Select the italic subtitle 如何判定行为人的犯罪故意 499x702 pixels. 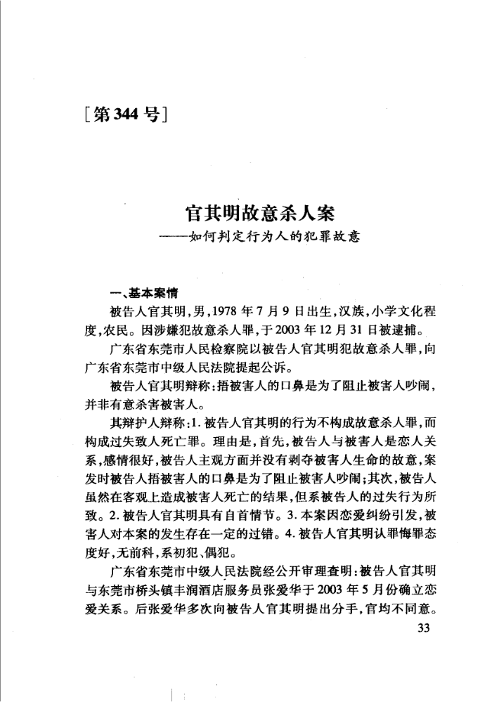[270, 238]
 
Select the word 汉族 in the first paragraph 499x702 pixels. [326, 311]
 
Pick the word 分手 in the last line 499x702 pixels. [365, 623]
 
